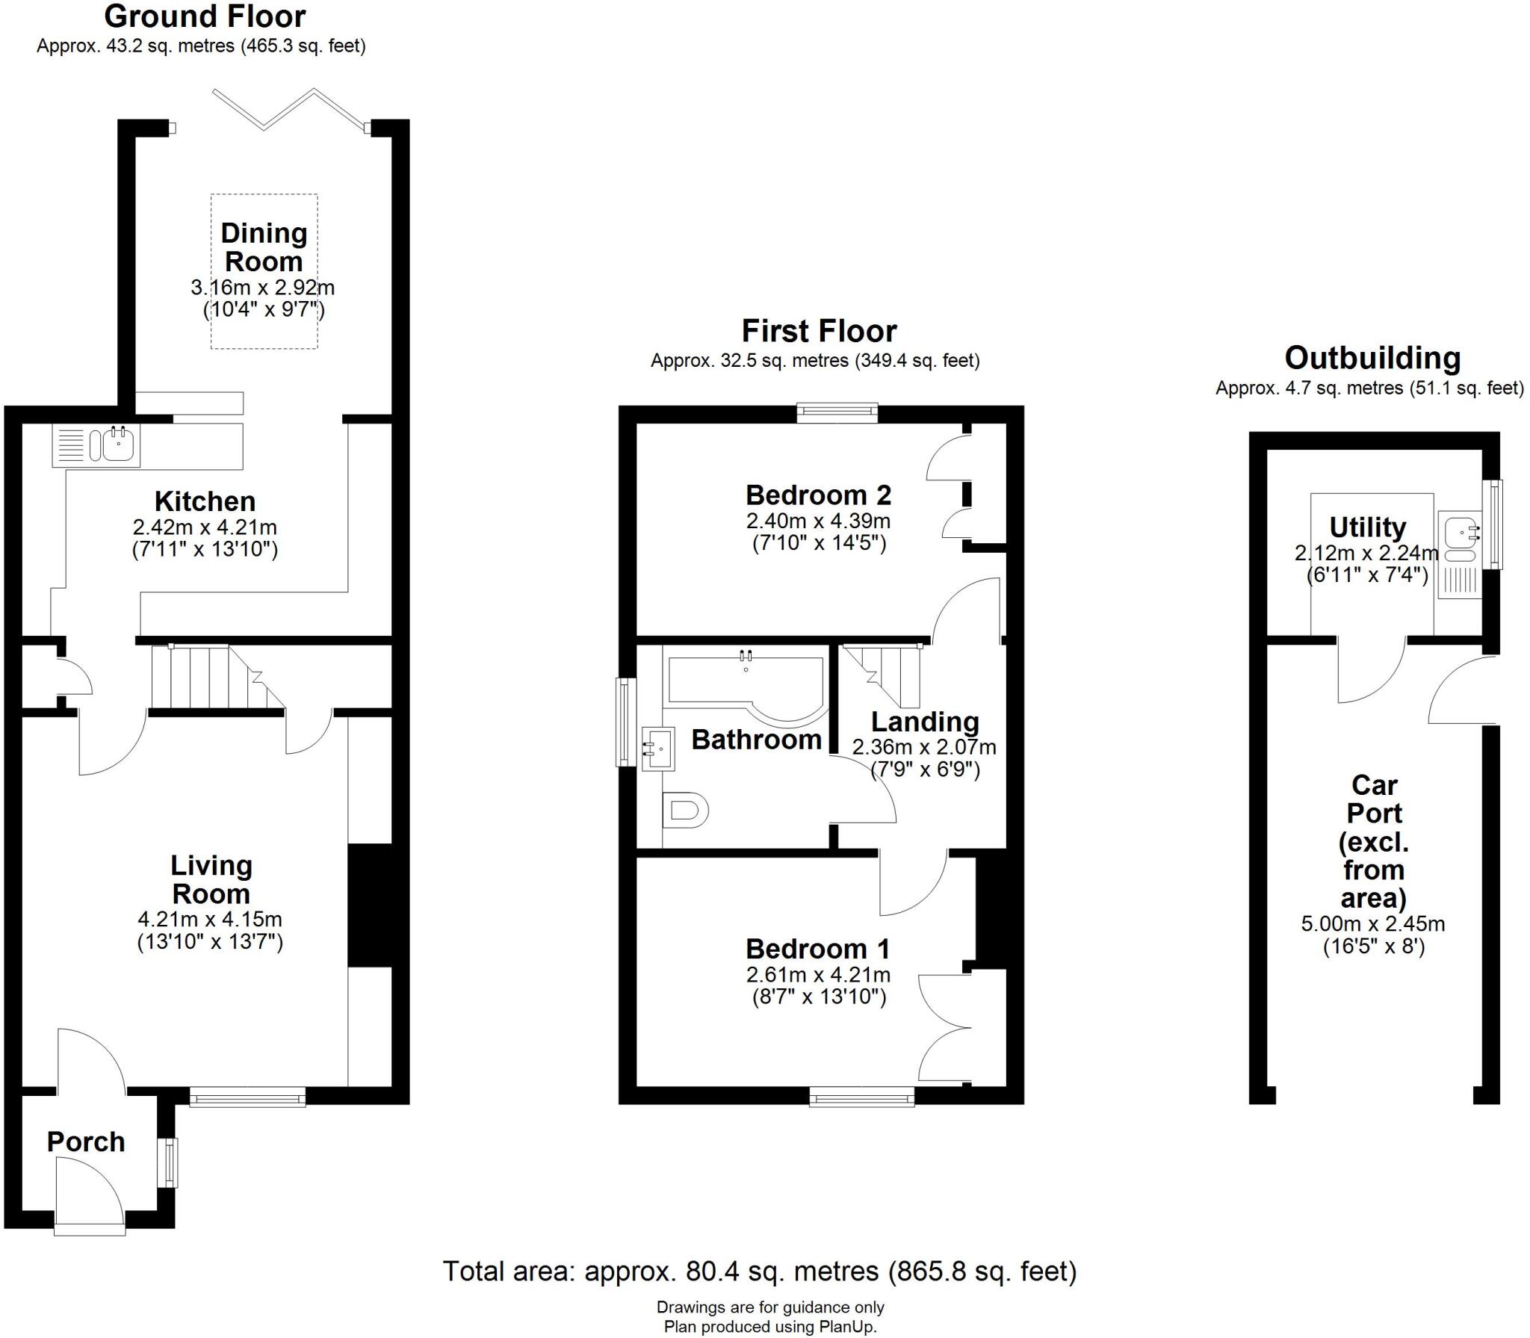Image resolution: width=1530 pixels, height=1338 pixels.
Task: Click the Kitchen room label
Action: (205, 501)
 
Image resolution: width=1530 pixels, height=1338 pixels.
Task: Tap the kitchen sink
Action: (118, 446)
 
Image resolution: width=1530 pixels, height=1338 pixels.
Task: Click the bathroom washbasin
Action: (659, 749)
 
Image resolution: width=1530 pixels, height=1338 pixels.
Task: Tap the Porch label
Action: (85, 1142)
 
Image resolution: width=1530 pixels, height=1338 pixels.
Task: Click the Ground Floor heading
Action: (205, 16)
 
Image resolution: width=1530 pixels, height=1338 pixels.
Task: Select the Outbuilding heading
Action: (1372, 358)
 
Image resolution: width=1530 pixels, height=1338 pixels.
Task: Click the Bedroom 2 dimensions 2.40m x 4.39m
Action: (818, 521)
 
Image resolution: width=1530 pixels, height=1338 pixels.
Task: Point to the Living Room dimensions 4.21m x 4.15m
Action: (210, 920)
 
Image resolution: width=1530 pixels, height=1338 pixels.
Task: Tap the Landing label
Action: (925, 722)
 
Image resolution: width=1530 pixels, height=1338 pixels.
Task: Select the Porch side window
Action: (172, 1162)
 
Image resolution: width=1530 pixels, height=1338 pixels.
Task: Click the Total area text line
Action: (760, 1271)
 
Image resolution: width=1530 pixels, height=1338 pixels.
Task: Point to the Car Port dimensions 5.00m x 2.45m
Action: (1373, 924)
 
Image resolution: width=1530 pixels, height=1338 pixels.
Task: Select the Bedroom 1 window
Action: (862, 1097)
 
